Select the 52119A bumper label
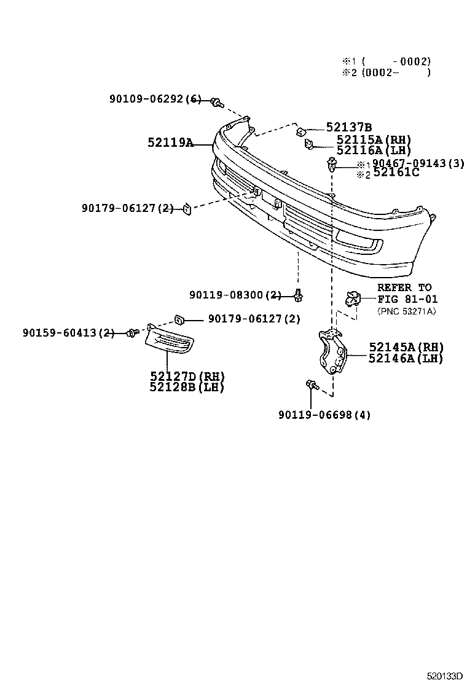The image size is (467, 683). tap(170, 142)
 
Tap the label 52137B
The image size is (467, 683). tap(349, 127)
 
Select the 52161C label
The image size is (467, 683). tap(396, 173)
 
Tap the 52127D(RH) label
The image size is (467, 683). tap(187, 376)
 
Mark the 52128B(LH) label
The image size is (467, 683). tap(187, 387)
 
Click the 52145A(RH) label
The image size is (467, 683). tap(406, 347)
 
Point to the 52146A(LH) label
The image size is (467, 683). tap(406, 358)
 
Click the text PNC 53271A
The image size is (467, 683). tap(406, 311)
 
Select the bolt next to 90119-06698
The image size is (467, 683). tap(312, 386)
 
